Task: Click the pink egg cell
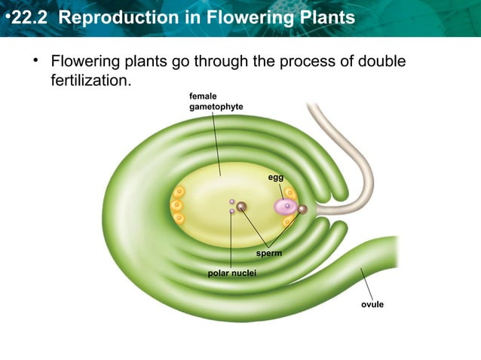(x=286, y=206)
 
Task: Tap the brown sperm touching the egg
(x=302, y=209)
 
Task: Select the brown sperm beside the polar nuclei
(x=241, y=206)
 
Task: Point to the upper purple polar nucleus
(x=231, y=201)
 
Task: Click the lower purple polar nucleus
(x=231, y=212)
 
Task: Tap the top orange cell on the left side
(x=179, y=192)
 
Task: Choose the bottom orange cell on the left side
(x=179, y=218)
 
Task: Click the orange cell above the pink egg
(x=290, y=193)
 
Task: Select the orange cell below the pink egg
(x=288, y=221)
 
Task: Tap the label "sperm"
(x=268, y=254)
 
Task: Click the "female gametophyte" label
(x=216, y=102)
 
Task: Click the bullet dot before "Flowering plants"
(x=35, y=60)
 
